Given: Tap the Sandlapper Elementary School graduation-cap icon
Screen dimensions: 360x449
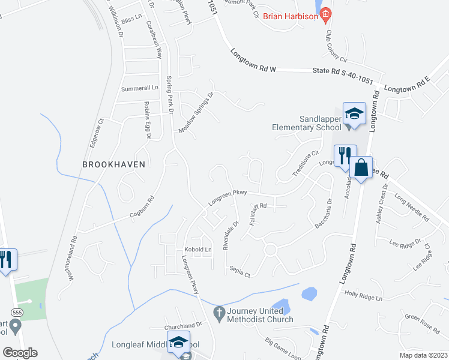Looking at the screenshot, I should [x=354, y=114].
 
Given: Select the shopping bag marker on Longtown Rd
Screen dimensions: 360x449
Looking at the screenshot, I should [x=361, y=168].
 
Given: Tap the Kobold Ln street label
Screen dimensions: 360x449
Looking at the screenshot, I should [x=198, y=249].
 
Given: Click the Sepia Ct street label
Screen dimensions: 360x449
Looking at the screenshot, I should [x=239, y=272].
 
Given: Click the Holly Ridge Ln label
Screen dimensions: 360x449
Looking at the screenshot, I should [x=363, y=294].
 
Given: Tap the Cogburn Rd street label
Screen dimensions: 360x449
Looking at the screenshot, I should [x=142, y=208].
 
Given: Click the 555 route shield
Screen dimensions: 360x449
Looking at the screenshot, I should [x=17, y=312].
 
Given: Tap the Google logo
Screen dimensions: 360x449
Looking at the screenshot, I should [x=20, y=352].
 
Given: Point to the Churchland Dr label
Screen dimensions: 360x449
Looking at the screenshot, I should [x=184, y=327].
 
